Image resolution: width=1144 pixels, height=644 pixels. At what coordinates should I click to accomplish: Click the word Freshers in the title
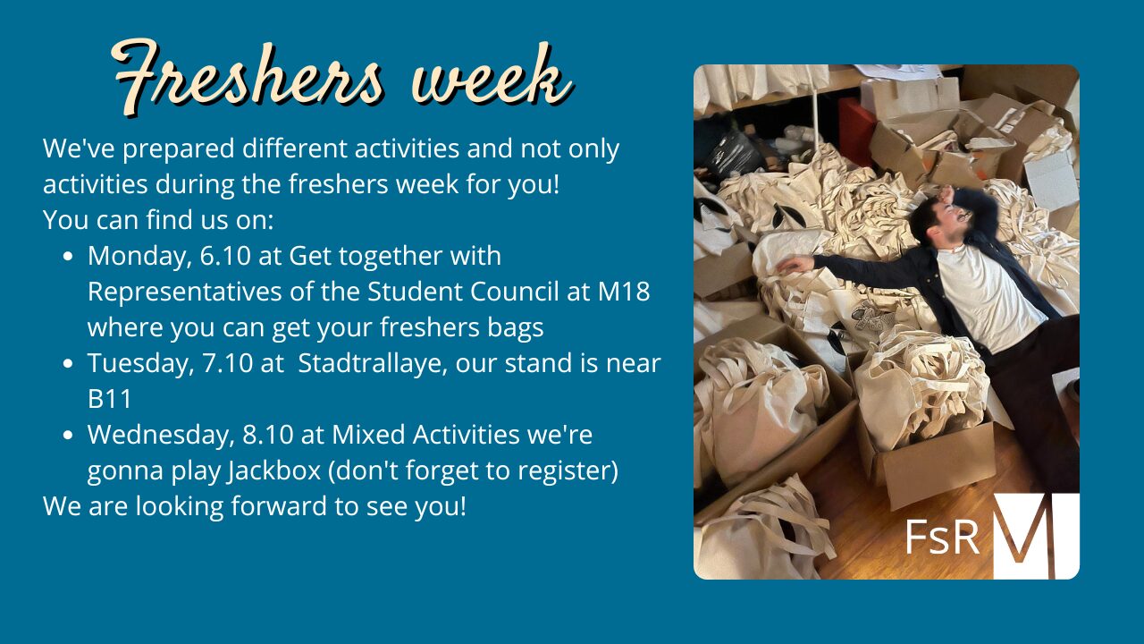coord(247,77)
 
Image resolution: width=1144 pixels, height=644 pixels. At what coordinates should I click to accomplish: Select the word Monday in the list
coord(139,257)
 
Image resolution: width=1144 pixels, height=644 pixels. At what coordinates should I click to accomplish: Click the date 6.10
coord(225,256)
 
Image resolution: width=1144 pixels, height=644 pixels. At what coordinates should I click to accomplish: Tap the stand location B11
coord(110,399)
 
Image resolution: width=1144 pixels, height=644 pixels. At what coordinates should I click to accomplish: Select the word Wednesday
coord(162,436)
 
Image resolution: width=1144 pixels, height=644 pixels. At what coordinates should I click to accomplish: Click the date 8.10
coord(267,435)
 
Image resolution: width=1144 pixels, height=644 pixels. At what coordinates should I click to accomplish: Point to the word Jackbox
coord(274,470)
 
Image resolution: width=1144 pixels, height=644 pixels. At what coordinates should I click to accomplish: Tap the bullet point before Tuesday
coord(68,364)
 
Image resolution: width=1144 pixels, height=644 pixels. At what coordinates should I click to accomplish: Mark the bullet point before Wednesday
coord(68,436)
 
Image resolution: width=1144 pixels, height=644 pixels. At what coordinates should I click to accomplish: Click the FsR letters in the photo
coord(942,538)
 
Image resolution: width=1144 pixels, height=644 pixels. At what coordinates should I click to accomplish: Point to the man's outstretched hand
coord(795,264)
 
